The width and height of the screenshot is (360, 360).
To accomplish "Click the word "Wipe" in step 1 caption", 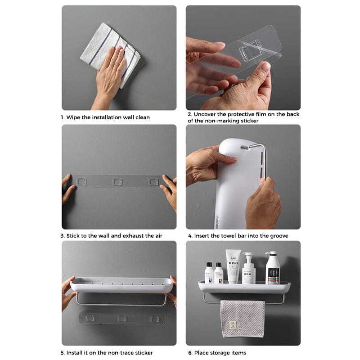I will (74, 117).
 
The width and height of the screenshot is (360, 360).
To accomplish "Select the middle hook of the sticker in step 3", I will (118, 181).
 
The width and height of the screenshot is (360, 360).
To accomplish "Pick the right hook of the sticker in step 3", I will (153, 181).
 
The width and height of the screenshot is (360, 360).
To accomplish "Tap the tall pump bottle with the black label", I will (272, 268).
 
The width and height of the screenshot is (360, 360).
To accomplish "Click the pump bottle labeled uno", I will (248, 269).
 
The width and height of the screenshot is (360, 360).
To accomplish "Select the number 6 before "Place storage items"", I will (190, 352).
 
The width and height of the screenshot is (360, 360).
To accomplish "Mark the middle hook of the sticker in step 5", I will (121, 319).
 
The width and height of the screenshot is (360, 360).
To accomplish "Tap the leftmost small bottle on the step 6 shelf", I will (209, 273).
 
